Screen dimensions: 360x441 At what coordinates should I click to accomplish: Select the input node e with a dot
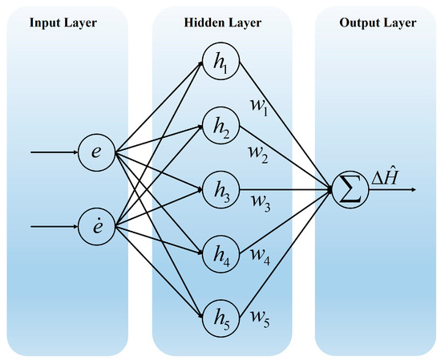pos(96,227)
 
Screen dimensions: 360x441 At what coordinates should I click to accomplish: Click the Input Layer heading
pos(63,22)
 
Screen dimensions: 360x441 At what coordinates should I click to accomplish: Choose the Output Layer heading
pos(378,22)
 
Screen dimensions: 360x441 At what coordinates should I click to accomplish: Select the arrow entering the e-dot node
pos(55,227)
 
